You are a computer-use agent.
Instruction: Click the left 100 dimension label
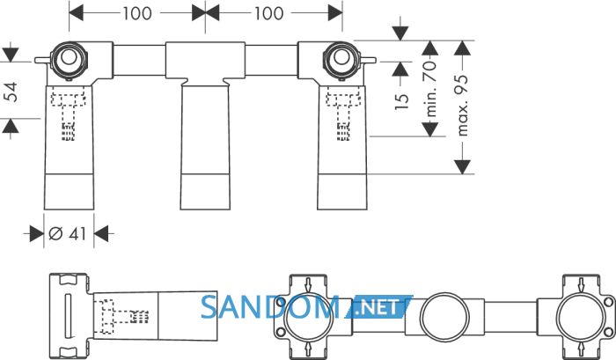[137, 14]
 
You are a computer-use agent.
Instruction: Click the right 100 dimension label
[268, 14]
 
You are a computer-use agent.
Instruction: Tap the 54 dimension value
[12, 92]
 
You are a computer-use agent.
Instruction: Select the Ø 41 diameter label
[67, 234]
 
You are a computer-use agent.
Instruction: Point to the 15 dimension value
[401, 101]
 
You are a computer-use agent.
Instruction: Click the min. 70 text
[430, 89]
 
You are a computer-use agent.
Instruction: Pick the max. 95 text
[462, 106]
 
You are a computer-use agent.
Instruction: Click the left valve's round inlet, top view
[69, 59]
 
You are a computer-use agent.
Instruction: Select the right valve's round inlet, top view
[341, 59]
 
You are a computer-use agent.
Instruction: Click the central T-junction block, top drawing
[205, 61]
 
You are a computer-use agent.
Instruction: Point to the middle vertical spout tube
[205, 146]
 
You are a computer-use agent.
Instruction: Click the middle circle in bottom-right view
[444, 317]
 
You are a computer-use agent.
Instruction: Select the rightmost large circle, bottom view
[581, 317]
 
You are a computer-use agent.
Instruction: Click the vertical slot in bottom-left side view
[68, 316]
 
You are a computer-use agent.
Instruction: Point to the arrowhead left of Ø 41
[37, 234]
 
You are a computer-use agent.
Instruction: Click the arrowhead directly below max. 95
[462, 166]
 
